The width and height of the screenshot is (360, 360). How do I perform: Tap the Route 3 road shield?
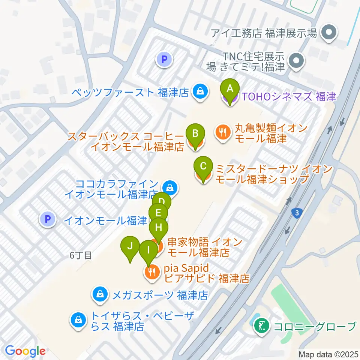(x=297, y=213)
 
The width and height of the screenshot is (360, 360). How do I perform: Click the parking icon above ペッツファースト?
(x=164, y=59)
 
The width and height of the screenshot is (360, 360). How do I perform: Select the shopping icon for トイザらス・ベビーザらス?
(x=78, y=320)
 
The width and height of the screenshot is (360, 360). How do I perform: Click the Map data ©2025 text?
(x=328, y=354)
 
